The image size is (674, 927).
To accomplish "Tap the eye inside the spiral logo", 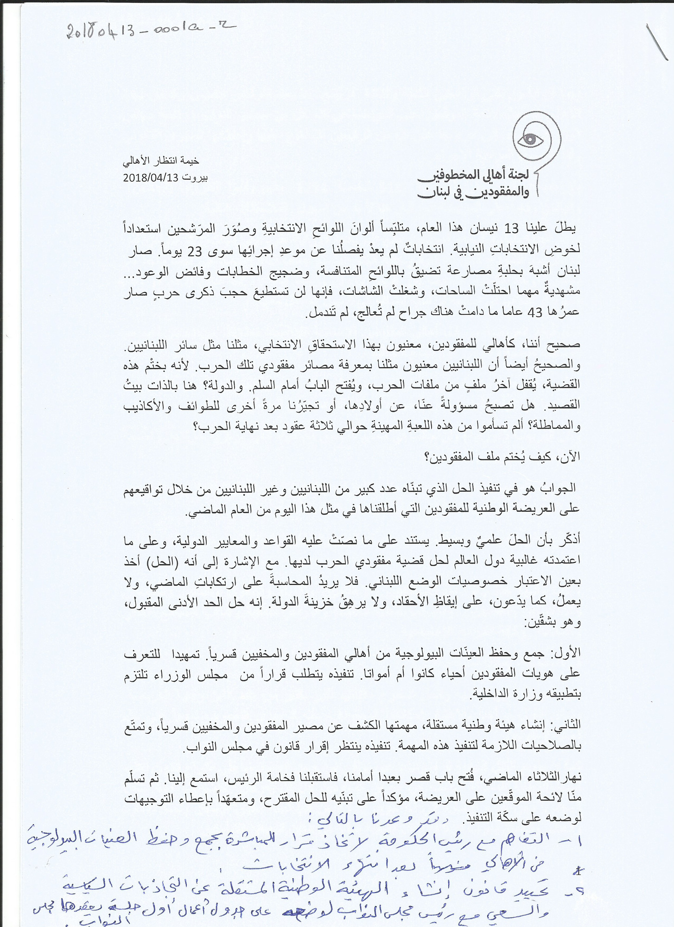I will (530, 139).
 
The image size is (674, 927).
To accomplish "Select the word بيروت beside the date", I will (194, 178).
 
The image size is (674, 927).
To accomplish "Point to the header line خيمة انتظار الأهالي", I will (161, 161).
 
